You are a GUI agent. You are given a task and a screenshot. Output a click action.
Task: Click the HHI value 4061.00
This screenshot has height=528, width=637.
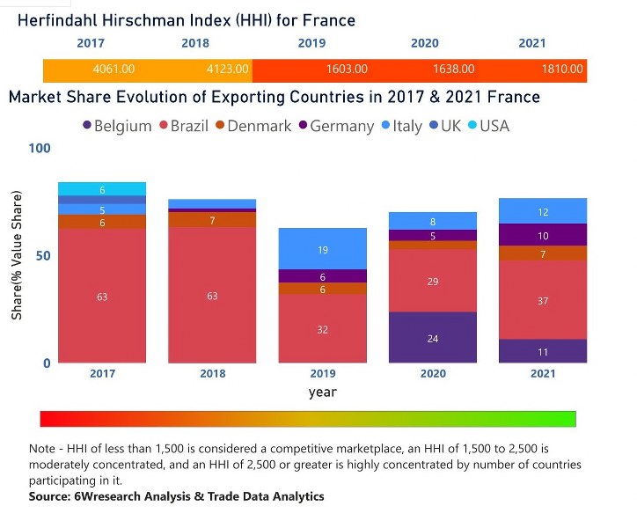coord(113,69)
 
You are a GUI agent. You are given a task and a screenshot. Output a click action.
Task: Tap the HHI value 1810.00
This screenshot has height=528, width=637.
coord(562,69)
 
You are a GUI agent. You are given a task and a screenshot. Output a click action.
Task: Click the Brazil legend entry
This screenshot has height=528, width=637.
coord(182,126)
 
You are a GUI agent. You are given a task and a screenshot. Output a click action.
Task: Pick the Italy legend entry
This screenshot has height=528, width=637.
coord(400,126)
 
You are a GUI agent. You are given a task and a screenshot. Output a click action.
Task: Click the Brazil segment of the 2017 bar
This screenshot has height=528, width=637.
coord(102,297)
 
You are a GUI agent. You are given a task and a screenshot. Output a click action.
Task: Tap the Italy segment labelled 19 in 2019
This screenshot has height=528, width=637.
coord(322,249)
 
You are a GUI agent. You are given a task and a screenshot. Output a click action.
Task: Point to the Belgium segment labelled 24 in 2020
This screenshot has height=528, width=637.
coord(432,338)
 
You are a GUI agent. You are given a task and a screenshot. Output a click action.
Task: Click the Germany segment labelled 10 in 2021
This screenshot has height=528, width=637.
coord(542,235)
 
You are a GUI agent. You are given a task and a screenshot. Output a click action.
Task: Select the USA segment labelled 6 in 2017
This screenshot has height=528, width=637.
coord(102,189)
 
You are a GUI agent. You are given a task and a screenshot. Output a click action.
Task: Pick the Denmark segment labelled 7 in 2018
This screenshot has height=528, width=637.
coord(212,220)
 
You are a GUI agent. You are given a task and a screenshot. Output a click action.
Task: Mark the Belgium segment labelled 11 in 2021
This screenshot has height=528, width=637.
coord(542,351)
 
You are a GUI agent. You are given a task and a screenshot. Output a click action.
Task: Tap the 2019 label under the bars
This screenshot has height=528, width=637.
coord(322,373)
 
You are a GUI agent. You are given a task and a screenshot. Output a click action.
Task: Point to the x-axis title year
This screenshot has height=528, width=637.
coord(322,392)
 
